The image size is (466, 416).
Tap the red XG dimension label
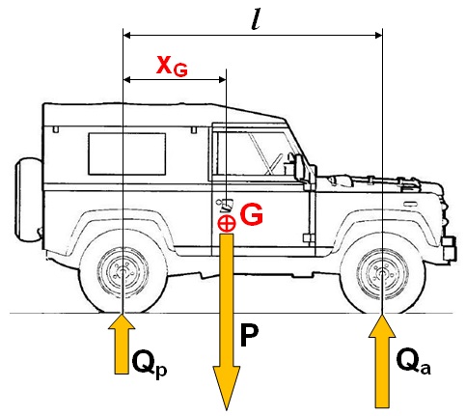point(172,67)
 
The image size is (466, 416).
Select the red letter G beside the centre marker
point(251,214)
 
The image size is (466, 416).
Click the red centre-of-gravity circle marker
point(227,223)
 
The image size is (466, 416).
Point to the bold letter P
point(249,335)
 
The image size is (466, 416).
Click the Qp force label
point(150,364)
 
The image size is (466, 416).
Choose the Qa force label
point(413,362)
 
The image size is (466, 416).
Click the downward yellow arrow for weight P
point(227,321)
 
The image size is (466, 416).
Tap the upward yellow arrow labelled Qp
point(122,344)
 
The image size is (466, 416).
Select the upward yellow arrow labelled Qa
point(382,361)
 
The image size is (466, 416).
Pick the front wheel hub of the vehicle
point(382,273)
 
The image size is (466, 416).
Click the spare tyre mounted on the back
point(28,200)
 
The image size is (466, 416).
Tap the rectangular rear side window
point(127,153)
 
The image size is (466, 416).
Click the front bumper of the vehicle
point(450,248)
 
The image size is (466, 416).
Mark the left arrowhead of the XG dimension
point(127,79)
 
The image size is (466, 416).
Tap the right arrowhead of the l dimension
point(377,35)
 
